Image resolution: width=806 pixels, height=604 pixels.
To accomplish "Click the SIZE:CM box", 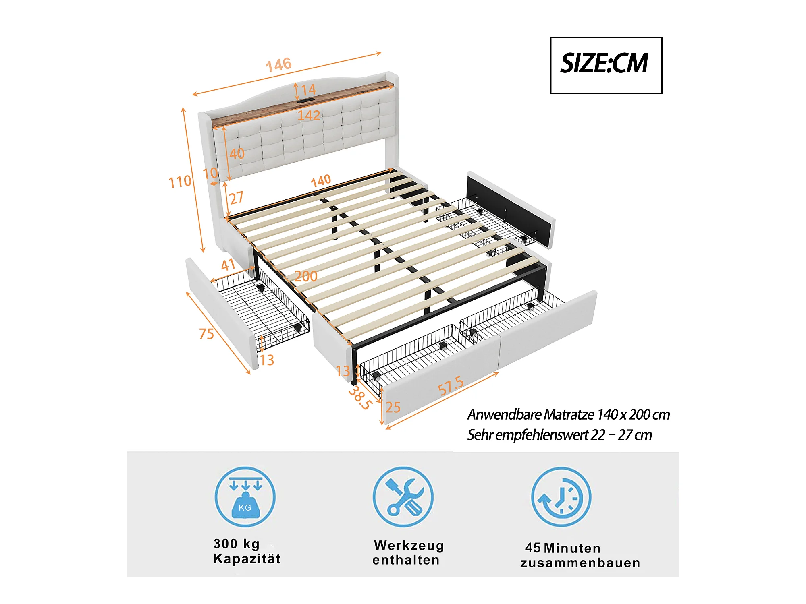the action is (x=606, y=65).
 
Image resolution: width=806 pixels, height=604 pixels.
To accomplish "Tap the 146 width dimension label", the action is (x=278, y=64).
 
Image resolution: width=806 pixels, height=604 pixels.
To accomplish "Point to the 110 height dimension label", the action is (x=180, y=182).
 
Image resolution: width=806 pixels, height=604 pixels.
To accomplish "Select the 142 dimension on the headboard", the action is (x=309, y=116).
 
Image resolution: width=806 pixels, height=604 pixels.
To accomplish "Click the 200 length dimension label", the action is (x=306, y=276).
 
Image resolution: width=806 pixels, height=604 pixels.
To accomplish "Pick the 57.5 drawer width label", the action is (x=451, y=385).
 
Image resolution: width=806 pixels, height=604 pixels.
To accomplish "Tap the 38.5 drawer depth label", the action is (x=359, y=397).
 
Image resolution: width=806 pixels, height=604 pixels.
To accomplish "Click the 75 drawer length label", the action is (x=206, y=334).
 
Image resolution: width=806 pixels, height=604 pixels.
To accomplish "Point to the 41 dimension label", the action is (x=228, y=265).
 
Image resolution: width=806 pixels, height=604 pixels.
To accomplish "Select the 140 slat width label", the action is (x=321, y=181).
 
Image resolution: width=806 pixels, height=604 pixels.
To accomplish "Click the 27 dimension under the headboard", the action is (x=237, y=198).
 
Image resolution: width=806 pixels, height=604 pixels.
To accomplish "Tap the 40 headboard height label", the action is (x=237, y=153).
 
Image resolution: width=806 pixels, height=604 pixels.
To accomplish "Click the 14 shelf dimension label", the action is (x=308, y=90).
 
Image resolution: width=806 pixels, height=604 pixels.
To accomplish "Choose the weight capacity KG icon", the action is (x=245, y=497).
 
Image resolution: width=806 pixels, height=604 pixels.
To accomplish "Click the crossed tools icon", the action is (x=403, y=497).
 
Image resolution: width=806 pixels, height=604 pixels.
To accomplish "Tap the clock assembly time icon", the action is (x=561, y=497).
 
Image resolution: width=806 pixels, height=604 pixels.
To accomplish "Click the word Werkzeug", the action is (x=409, y=546).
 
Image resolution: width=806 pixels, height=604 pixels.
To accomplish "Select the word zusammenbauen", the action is (x=580, y=563).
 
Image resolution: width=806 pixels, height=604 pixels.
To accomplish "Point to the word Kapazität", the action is (x=247, y=559).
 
